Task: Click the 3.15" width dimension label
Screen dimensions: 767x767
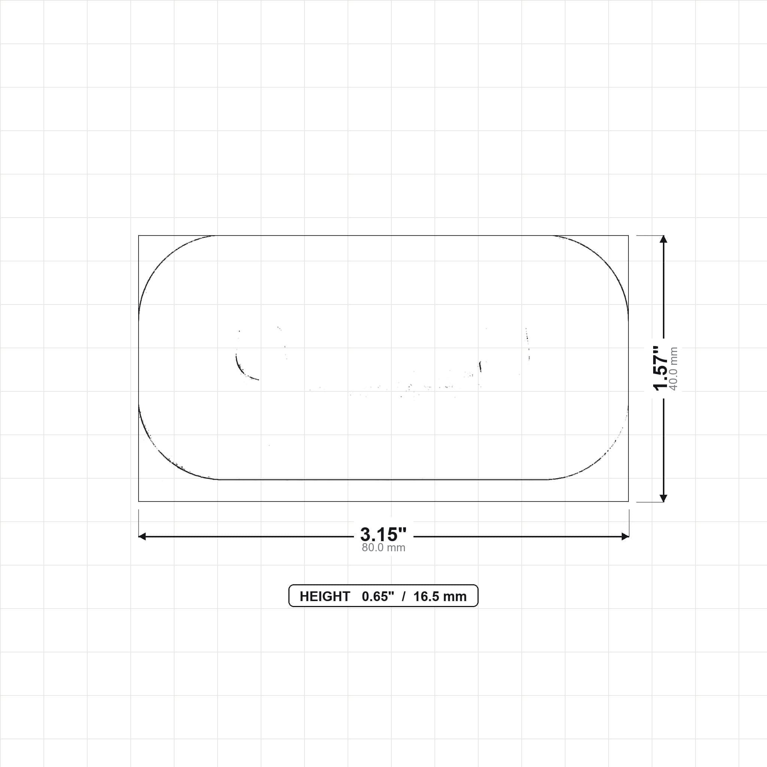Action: click(x=383, y=534)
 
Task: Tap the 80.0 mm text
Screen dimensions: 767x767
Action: click(x=383, y=548)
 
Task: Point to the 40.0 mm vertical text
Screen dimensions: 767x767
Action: click(x=674, y=369)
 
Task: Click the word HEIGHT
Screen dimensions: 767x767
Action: click(x=325, y=597)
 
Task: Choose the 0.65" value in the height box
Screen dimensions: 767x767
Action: click(x=378, y=597)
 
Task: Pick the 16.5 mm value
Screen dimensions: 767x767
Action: click(x=440, y=597)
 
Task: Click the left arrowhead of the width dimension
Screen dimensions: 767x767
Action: click(x=142, y=537)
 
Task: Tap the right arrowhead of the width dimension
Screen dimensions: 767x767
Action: click(x=625, y=537)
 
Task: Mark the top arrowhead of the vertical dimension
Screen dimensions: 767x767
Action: click(x=663, y=239)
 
